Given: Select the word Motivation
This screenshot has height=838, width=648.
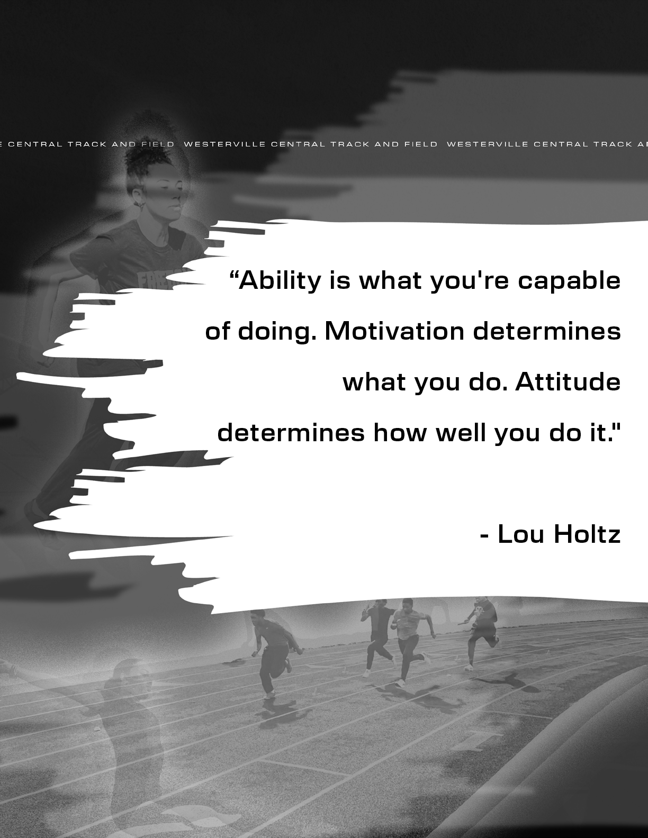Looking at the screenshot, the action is (394, 331).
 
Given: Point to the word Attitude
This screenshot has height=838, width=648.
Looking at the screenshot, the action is (568, 382).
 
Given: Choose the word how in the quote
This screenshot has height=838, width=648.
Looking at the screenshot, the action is (400, 433).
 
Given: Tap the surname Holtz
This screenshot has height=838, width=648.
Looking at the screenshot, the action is (587, 534).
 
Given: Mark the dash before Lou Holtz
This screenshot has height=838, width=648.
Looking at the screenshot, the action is (484, 536).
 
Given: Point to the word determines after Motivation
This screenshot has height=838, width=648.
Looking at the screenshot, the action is (547, 331).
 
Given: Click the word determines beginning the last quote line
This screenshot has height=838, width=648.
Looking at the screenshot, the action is (291, 433).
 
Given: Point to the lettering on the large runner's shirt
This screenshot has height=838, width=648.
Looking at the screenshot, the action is (165, 278).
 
